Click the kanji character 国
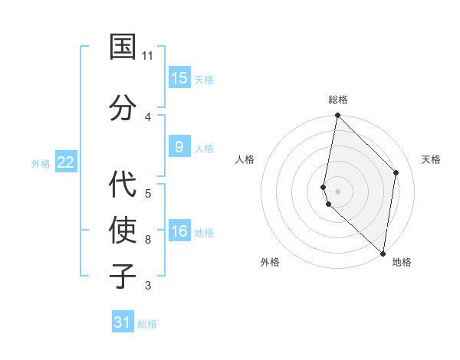point(123,47)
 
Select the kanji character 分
point(123,107)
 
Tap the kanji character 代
point(123,184)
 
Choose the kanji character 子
point(123,275)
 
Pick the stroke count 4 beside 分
point(148,116)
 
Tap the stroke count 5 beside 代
point(148,193)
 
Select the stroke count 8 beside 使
point(148,239)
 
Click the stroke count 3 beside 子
point(148,286)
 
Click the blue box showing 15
point(179,78)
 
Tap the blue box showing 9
point(179,147)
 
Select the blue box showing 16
point(179,231)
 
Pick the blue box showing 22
point(65,162)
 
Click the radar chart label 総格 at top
point(337,100)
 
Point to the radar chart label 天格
point(431,159)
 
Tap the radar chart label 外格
point(270,262)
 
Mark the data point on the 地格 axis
point(383,254)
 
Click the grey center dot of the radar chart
point(337,191)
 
